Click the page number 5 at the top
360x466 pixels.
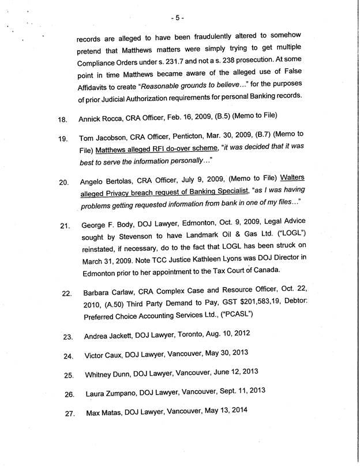coord(180,10)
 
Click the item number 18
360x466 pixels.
coord(63,120)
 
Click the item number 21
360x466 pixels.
coord(64,225)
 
